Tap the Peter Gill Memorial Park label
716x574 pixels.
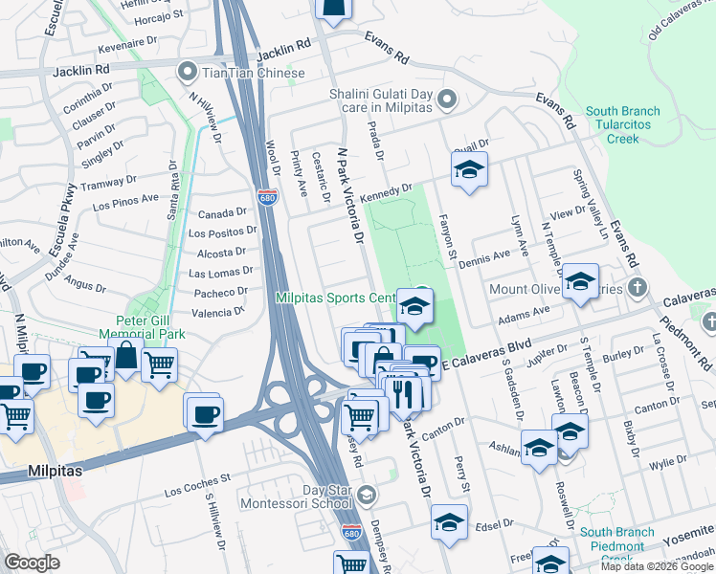click(x=145, y=328)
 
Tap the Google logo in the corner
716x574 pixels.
click(x=32, y=563)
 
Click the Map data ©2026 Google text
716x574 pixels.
click(x=657, y=566)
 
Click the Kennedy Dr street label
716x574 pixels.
click(x=387, y=189)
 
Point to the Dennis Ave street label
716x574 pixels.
click(x=484, y=256)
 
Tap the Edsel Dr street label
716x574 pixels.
click(x=494, y=524)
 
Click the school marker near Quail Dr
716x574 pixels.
click(x=468, y=170)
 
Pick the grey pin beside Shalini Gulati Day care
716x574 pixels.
click(x=447, y=99)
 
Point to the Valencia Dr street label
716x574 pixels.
click(x=218, y=312)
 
